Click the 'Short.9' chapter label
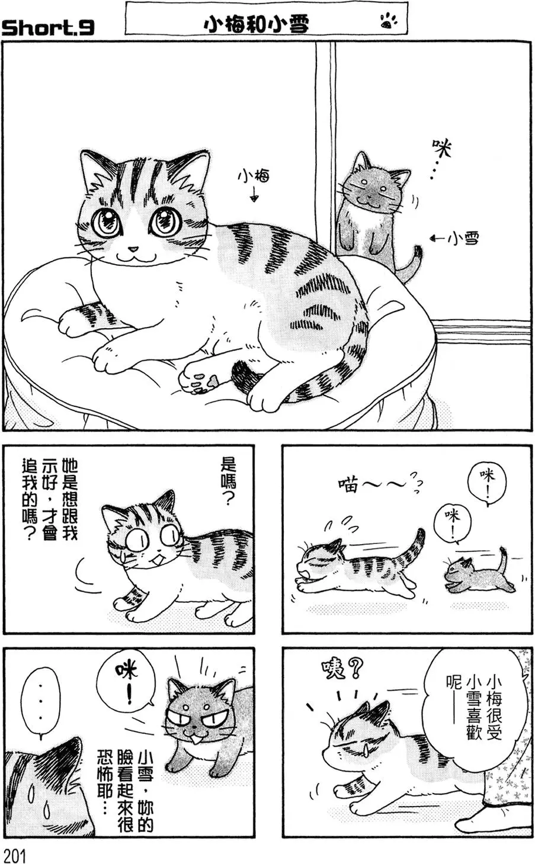[x=47, y=27]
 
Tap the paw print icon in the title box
[x=388, y=23]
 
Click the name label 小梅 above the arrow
[x=254, y=176]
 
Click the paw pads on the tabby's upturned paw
[x=201, y=379]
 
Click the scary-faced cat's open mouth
[x=194, y=738]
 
